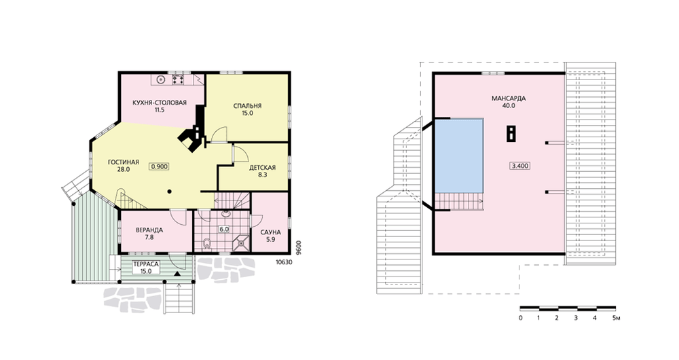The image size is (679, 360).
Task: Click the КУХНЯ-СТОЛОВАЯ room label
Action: click(160, 103)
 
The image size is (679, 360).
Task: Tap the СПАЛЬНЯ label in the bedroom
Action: click(247, 106)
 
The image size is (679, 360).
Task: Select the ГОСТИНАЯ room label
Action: click(124, 162)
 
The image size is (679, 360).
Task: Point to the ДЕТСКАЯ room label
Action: click(262, 167)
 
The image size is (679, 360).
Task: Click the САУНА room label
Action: click(271, 232)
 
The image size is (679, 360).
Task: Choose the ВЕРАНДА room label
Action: click(149, 230)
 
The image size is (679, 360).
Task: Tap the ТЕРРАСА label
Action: click(146, 264)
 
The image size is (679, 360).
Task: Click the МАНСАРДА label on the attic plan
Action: click(509, 98)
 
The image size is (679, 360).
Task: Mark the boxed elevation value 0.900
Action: click(160, 166)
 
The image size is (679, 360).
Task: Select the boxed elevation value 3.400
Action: click(520, 166)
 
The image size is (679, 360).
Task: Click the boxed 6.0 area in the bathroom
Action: click(224, 229)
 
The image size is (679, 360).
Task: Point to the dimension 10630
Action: click(284, 262)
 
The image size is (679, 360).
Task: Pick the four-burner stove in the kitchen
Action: click(179, 79)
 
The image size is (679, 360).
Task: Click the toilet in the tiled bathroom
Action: click(207, 243)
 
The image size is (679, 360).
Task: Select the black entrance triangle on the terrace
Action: click(177, 274)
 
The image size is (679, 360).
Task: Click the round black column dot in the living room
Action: click(170, 191)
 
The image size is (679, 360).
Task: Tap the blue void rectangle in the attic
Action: click(459, 156)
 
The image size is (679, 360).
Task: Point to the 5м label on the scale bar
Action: click(617, 318)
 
